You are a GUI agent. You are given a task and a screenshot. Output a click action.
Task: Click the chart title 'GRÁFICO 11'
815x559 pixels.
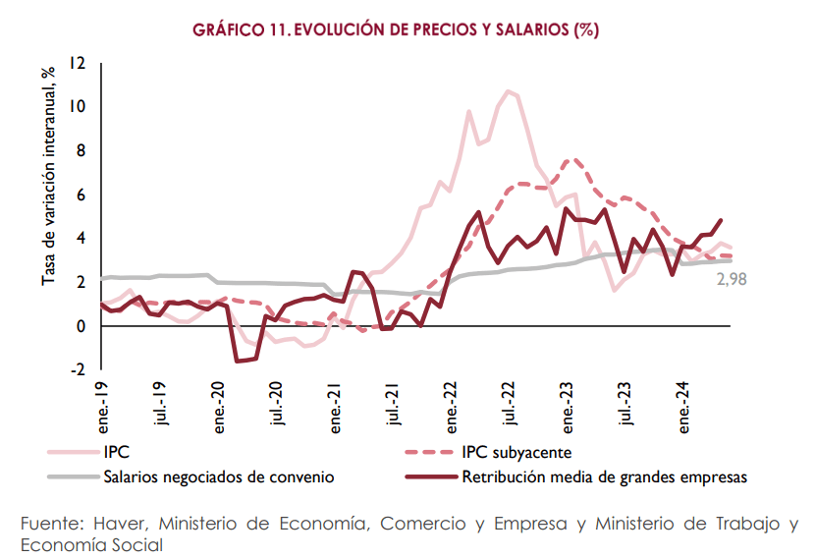click(x=396, y=29)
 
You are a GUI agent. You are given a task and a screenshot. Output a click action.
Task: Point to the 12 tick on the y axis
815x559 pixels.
click(x=78, y=64)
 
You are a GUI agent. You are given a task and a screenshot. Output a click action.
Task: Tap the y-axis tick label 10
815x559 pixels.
click(x=78, y=107)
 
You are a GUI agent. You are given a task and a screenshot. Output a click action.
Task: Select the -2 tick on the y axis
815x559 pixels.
click(x=78, y=370)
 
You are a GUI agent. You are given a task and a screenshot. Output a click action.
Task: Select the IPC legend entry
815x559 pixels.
click(x=117, y=453)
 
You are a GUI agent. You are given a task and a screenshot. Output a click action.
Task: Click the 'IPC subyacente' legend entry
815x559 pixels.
click(x=516, y=453)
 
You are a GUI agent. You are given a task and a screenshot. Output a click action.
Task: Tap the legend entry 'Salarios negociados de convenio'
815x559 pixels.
click(x=218, y=476)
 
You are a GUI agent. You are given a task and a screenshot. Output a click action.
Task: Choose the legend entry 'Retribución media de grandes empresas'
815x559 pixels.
click(x=605, y=476)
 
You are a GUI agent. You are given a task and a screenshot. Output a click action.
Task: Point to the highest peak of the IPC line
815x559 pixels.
click(x=509, y=91)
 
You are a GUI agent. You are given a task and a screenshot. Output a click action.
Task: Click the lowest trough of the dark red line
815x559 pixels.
click(x=238, y=362)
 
